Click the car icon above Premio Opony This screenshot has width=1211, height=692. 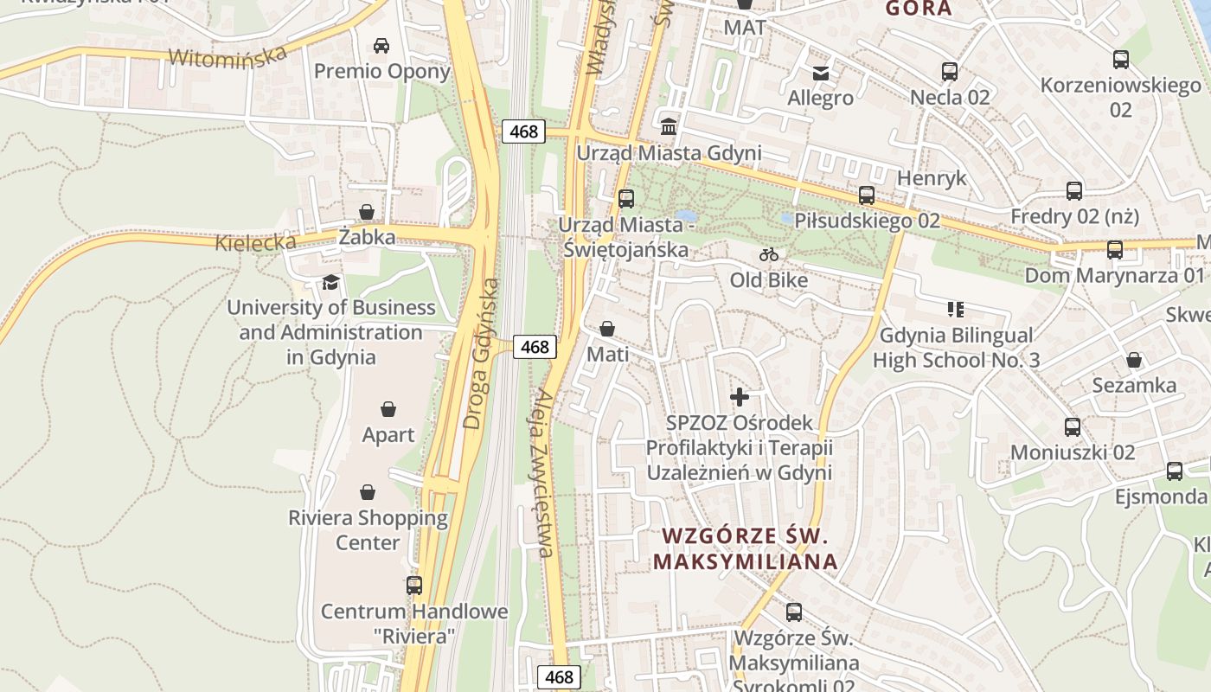(381, 46)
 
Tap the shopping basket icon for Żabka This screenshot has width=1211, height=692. (367, 212)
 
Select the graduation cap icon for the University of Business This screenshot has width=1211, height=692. (330, 282)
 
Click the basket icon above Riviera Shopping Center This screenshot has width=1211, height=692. (368, 492)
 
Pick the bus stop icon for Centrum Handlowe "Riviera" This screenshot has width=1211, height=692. (414, 586)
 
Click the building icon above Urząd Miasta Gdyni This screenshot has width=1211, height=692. (669, 127)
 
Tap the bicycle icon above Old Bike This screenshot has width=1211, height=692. (768, 254)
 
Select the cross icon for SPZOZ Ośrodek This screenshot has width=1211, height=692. (740, 397)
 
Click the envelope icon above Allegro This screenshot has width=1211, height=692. (821, 73)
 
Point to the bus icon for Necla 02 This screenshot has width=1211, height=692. (949, 72)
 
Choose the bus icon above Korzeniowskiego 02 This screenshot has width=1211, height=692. (1120, 60)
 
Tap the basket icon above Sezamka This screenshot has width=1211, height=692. (1133, 360)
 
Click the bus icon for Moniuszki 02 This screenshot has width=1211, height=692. (1073, 427)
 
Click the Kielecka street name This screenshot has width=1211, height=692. (256, 241)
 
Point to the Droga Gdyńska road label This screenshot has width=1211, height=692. (481, 353)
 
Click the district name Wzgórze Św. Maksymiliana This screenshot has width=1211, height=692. (745, 548)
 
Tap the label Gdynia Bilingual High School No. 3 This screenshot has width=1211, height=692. (956, 348)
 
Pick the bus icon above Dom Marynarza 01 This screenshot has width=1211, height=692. (1114, 250)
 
